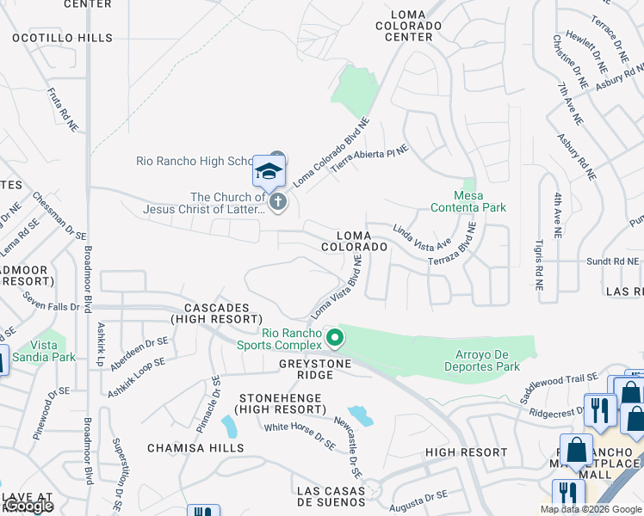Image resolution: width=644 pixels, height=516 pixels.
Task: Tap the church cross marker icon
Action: (x=277, y=202)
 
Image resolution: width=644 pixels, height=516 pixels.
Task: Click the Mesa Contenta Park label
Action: (x=468, y=201)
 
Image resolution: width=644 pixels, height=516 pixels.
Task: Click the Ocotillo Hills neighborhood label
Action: (x=62, y=38)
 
